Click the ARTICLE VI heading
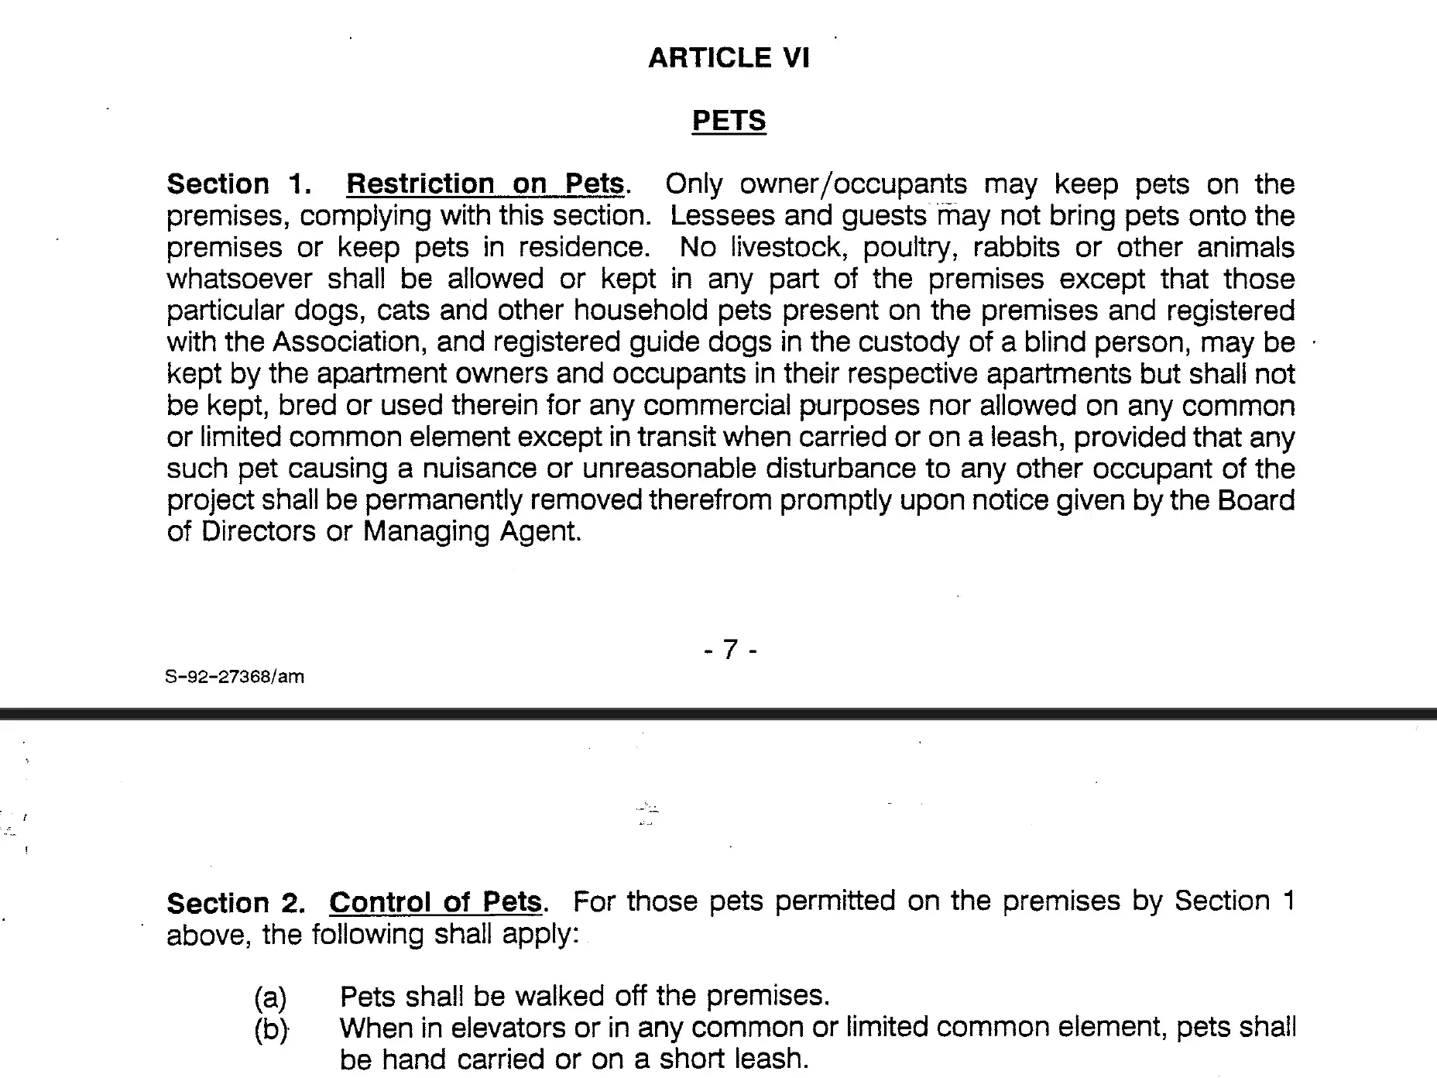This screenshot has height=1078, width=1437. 729,58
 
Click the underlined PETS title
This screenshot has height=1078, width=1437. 729,121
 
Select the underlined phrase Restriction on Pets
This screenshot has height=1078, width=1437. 485,184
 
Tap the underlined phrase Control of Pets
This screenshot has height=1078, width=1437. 435,902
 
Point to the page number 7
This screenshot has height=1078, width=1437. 730,649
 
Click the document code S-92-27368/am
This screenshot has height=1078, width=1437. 235,677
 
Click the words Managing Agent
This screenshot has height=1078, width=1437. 472,532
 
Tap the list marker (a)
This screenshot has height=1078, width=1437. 269,997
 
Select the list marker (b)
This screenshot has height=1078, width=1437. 270,1030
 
